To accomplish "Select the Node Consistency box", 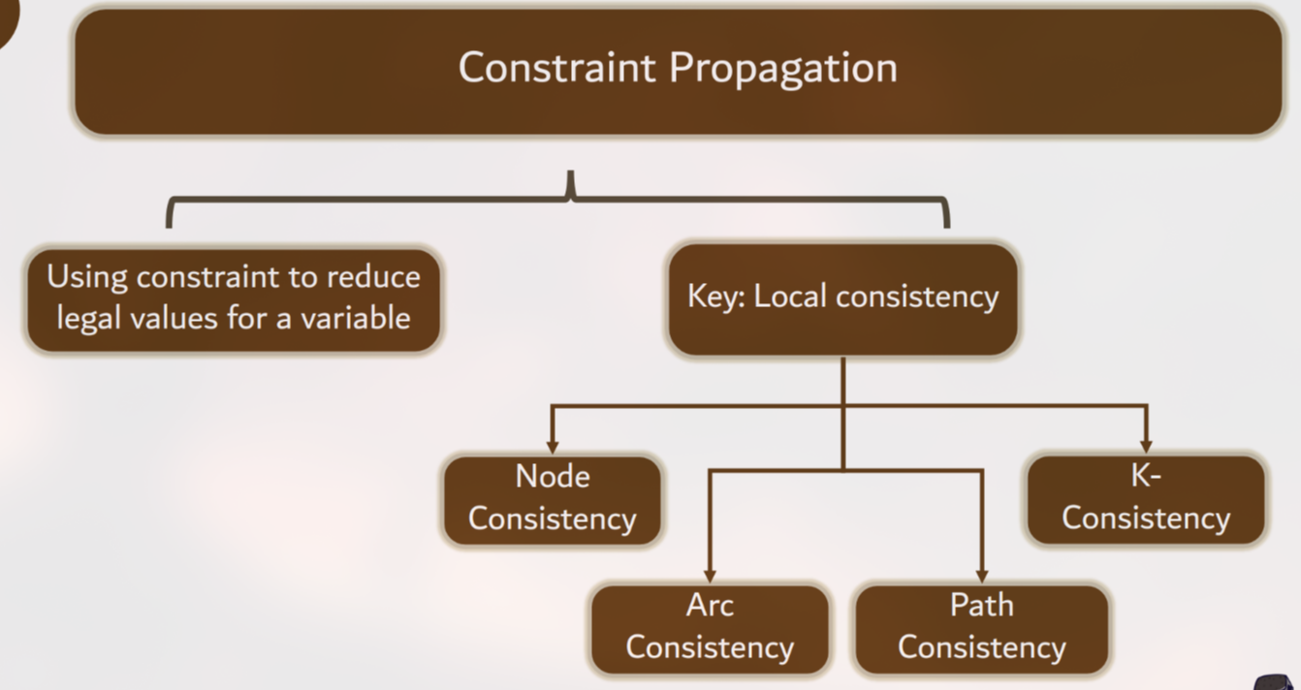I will [552, 498].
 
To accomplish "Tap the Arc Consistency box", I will [710, 627].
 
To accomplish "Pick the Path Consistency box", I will [981, 627].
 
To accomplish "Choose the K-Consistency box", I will [1146, 498].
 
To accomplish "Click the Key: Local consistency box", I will [842, 298].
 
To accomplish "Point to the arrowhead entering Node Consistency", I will [553, 446].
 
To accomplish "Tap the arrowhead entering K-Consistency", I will [1146, 446].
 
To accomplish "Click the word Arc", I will [710, 606].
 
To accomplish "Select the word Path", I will [981, 606].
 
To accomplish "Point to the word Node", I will [552, 477].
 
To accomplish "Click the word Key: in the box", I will [716, 297].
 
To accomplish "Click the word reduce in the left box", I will [373, 277].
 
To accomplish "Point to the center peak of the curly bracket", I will [572, 179].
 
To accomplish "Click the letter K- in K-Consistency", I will [1146, 477].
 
